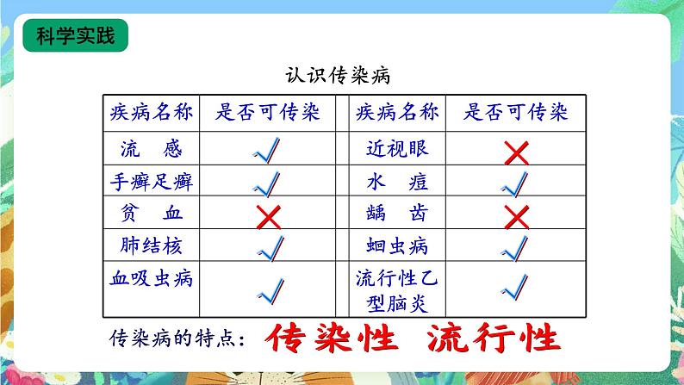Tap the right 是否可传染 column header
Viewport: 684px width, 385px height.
click(x=515, y=113)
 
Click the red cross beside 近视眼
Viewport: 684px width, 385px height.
click(x=515, y=152)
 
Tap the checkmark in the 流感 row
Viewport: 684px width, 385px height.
click(x=270, y=152)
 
